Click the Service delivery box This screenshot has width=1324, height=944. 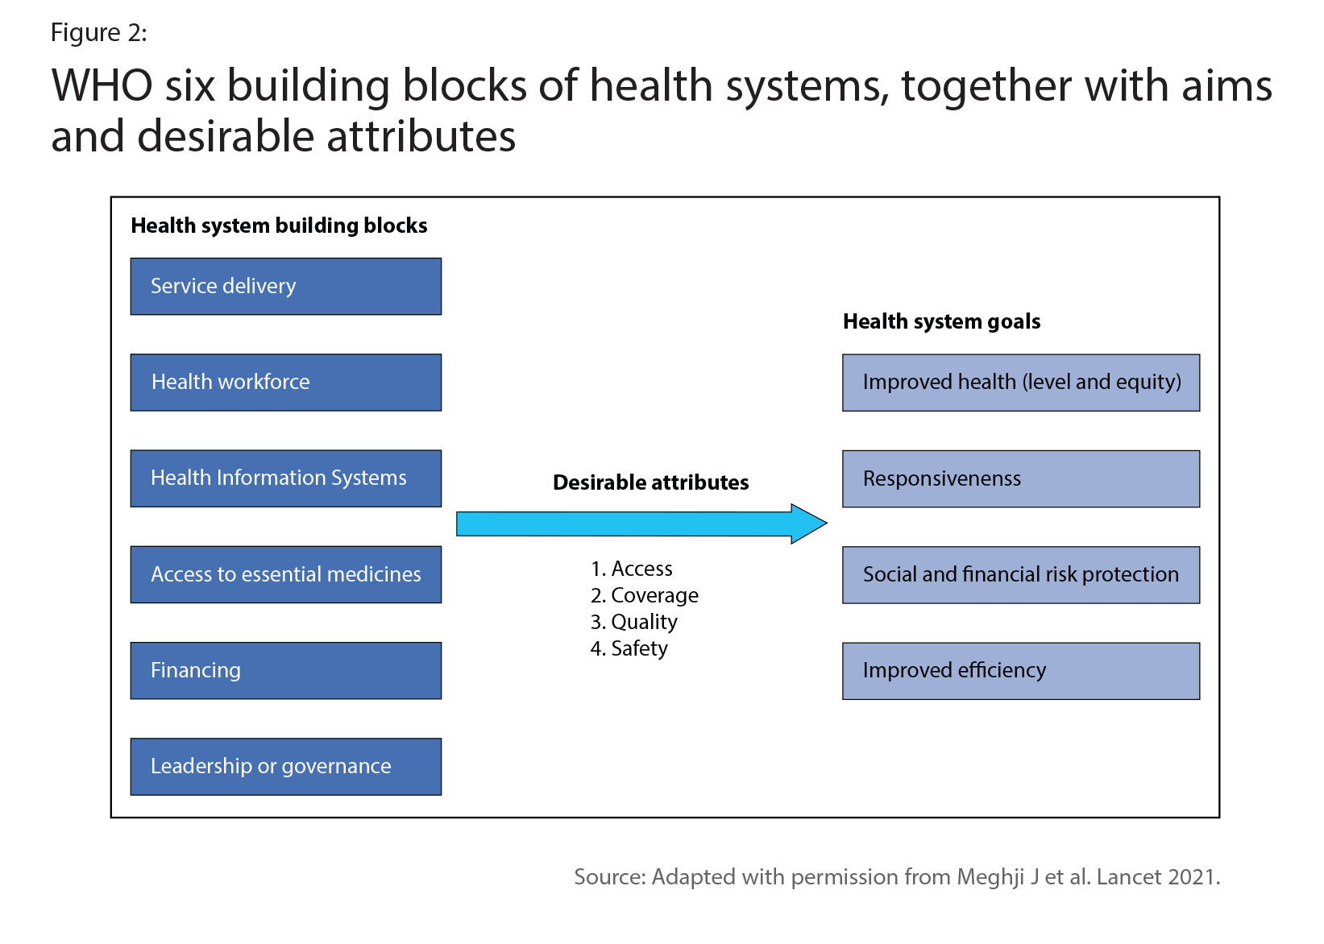(286, 287)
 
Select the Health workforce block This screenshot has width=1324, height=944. (286, 383)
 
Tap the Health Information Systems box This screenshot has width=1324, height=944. (286, 478)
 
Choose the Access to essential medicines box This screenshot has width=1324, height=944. (286, 575)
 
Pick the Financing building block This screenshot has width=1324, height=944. (286, 670)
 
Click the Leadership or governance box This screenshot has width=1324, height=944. (286, 767)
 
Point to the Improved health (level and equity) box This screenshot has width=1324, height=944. (1021, 383)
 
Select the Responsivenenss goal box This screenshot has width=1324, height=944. (1021, 479)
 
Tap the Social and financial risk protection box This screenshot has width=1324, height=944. (1021, 575)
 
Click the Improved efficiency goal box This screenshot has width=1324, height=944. (1021, 671)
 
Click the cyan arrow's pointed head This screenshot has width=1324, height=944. (826, 524)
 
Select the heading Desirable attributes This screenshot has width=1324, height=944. (651, 482)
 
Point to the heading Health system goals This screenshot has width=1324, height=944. (941, 322)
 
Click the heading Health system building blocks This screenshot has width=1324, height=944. (279, 226)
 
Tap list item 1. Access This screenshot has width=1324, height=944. (631, 569)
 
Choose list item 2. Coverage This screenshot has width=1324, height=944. (644, 595)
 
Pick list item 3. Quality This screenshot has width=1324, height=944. (633, 622)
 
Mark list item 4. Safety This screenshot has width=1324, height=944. (629, 648)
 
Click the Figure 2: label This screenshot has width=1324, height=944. (98, 32)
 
